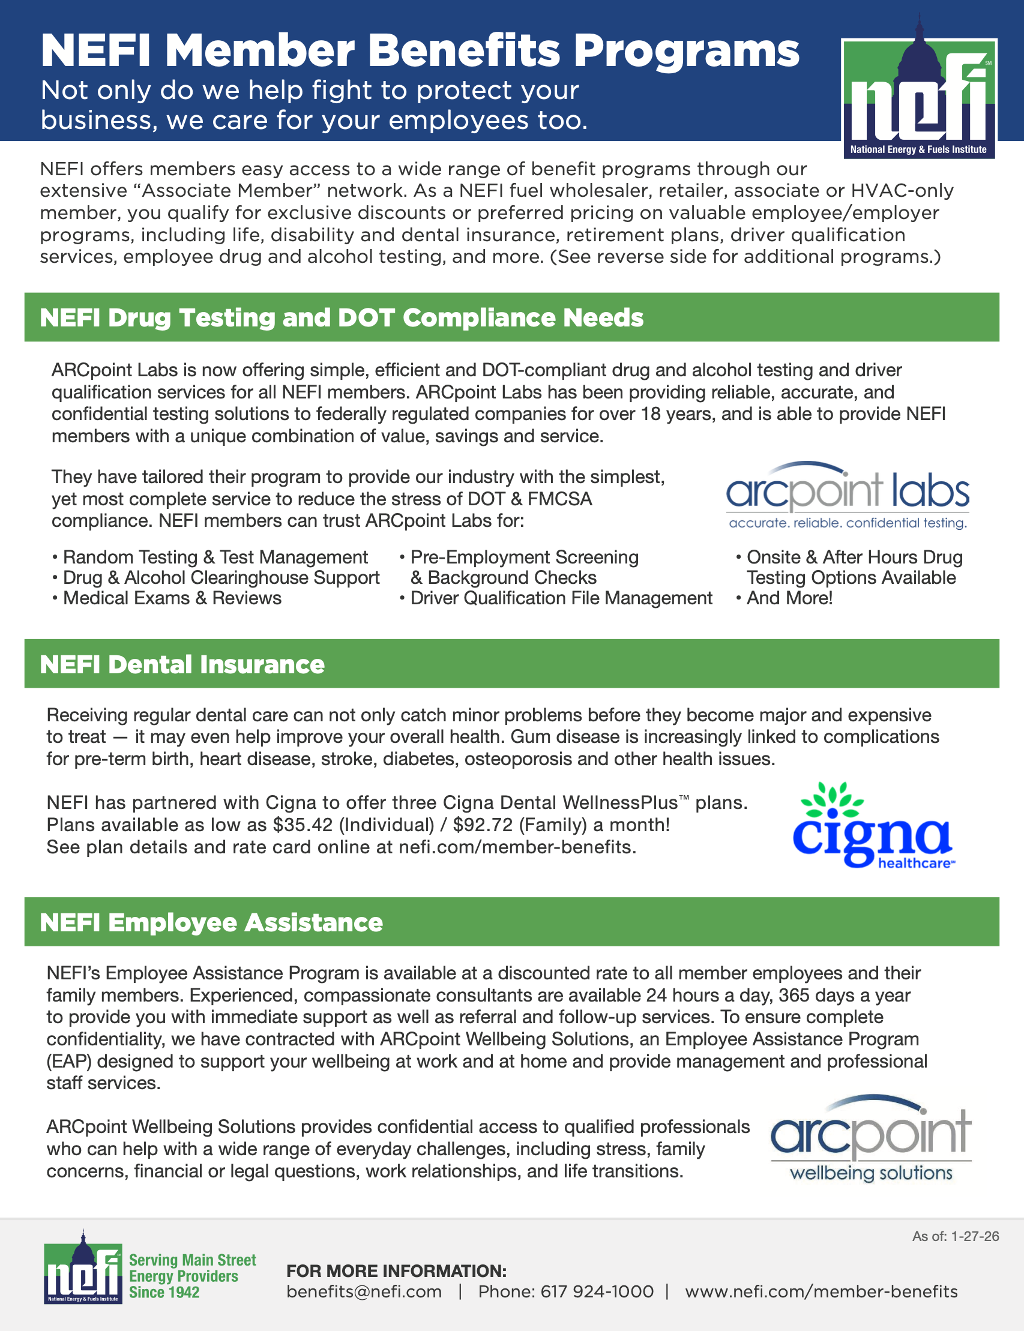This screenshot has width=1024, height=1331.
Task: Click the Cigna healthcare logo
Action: tap(873, 825)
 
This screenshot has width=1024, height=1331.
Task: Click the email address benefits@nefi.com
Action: tap(364, 1292)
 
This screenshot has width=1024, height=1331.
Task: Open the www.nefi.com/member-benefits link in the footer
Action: tap(821, 1292)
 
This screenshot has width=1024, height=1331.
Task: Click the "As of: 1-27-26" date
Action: tap(955, 1237)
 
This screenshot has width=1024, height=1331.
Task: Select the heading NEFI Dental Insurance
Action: tap(182, 665)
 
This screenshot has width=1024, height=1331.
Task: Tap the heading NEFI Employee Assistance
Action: tap(211, 923)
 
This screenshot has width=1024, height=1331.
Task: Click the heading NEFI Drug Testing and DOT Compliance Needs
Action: tap(342, 318)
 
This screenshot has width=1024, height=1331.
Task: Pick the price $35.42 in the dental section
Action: tap(303, 825)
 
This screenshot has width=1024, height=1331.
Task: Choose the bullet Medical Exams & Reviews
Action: tap(172, 598)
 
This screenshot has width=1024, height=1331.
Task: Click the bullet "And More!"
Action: tap(789, 598)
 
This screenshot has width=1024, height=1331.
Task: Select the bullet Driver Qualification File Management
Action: tap(561, 598)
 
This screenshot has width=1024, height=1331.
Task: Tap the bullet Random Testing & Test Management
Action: tap(215, 557)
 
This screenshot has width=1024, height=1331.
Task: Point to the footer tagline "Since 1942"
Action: tap(164, 1293)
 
